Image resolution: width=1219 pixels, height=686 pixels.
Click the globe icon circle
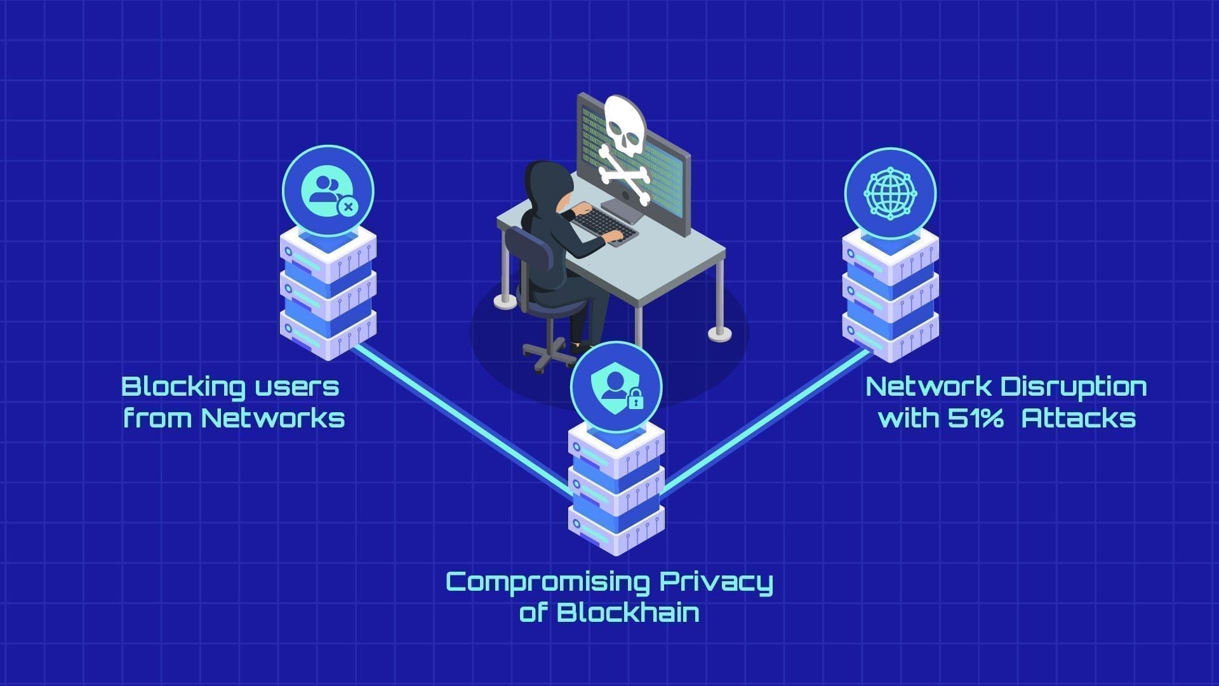[x=890, y=193]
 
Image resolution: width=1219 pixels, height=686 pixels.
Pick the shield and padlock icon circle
[x=616, y=387]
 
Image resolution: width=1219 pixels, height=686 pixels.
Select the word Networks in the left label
[x=273, y=419]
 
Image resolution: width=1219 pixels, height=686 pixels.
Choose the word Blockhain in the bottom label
[x=628, y=613]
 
